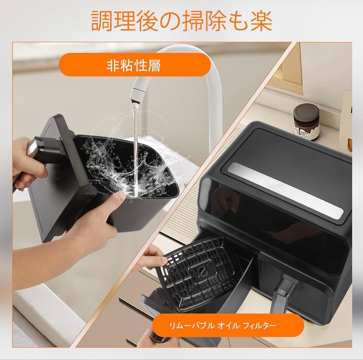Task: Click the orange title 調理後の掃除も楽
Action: tap(182, 21)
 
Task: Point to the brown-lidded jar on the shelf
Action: tap(306, 122)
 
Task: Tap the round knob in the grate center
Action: tap(203, 270)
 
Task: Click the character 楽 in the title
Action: tap(261, 21)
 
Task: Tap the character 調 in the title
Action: tap(102, 21)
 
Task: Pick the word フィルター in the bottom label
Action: tap(259, 325)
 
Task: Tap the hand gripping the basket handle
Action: tap(28, 162)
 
